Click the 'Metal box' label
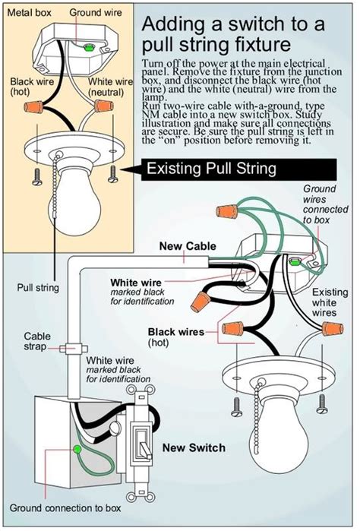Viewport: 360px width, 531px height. [29, 12]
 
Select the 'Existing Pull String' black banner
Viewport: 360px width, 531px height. [210, 169]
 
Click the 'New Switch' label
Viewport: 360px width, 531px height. [194, 447]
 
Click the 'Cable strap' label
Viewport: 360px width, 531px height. [37, 340]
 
